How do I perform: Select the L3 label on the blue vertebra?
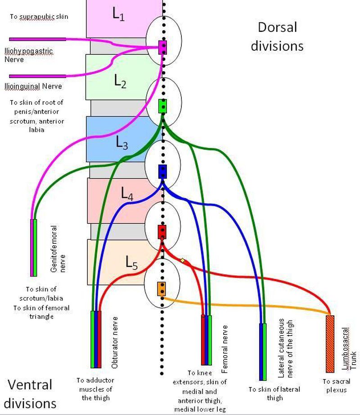point(121,143)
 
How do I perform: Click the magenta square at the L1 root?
point(163,47)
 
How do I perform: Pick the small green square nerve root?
point(163,107)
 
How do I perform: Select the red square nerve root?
point(162,232)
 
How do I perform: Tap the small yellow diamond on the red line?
point(183,260)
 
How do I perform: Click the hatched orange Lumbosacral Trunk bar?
point(330,344)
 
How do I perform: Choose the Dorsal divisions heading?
point(277,36)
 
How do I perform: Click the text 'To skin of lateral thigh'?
point(274,393)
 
